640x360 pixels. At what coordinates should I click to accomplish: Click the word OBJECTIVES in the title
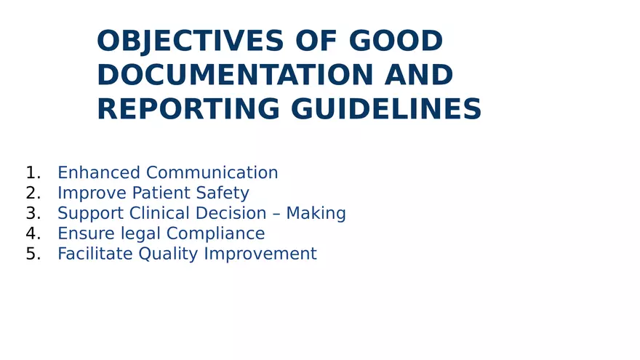(190, 41)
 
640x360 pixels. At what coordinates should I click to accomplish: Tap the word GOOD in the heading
(396, 41)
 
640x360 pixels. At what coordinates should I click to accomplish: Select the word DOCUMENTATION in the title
(235, 75)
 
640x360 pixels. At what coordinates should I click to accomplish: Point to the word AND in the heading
(419, 75)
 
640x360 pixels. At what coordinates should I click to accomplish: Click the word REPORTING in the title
(188, 109)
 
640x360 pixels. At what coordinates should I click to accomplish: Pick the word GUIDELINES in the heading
(386, 109)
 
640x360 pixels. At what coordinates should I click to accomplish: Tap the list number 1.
(33, 172)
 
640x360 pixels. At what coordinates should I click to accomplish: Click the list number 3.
(33, 213)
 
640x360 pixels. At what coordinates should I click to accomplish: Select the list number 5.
(33, 254)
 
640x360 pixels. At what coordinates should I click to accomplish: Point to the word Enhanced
(99, 172)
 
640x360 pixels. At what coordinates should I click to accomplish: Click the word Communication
(212, 172)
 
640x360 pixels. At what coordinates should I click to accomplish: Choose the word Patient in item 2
(161, 193)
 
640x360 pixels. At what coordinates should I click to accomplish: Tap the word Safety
(223, 193)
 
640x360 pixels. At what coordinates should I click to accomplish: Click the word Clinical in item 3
(159, 213)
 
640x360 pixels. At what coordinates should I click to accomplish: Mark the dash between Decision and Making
(276, 214)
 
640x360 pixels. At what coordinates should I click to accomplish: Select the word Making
(316, 214)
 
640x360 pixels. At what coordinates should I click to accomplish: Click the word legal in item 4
(140, 234)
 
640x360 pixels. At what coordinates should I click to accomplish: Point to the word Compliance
(215, 234)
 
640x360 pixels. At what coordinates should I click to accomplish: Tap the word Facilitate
(95, 254)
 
